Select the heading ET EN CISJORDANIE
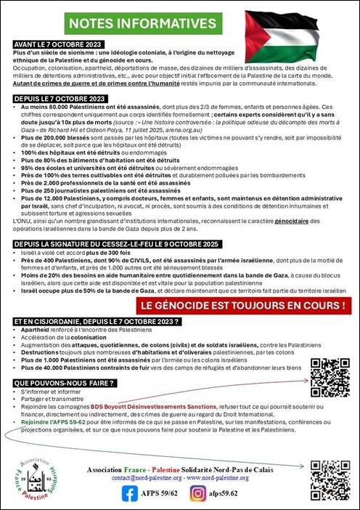click(x=97, y=321)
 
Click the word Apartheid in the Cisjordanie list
click(x=36, y=329)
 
